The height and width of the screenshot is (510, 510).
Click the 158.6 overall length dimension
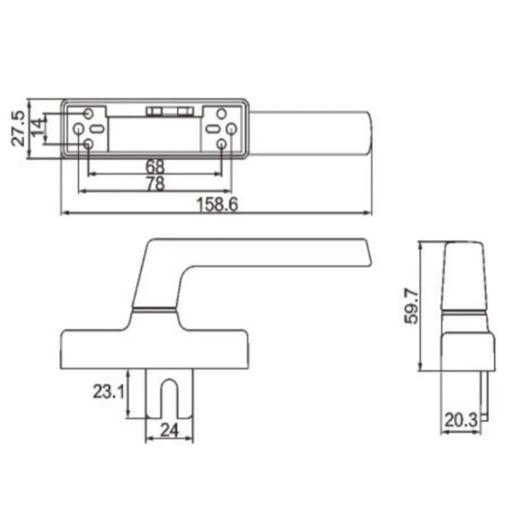click(x=218, y=205)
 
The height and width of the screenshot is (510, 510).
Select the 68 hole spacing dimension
click(x=155, y=167)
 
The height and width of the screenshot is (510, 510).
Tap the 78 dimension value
click(x=156, y=184)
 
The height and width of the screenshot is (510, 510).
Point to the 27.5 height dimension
click(x=18, y=128)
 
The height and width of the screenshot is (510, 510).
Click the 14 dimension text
click(x=37, y=127)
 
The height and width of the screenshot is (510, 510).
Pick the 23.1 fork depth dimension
click(x=108, y=391)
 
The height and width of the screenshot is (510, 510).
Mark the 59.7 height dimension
click(x=411, y=306)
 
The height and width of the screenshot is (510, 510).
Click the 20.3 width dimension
click(x=460, y=420)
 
